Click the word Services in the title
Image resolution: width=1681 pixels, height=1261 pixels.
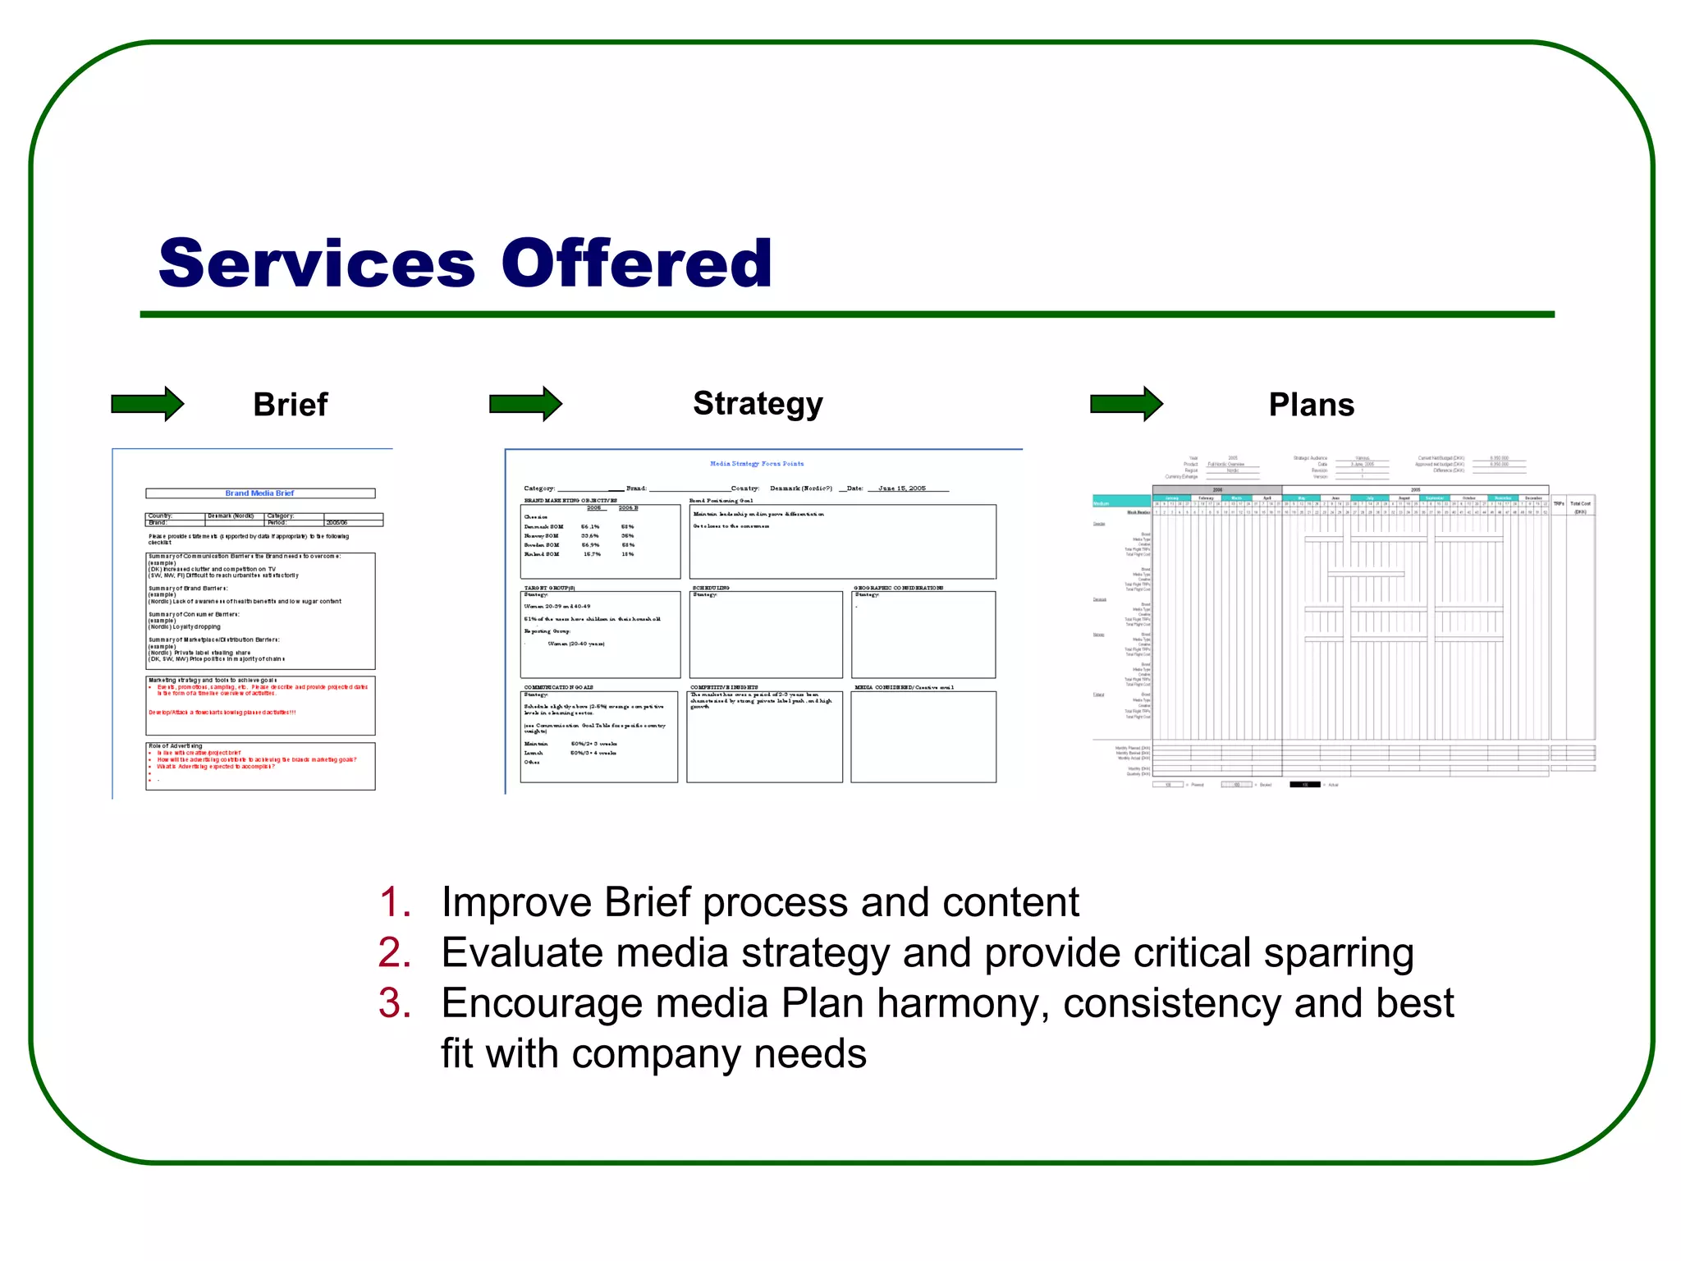click(x=317, y=264)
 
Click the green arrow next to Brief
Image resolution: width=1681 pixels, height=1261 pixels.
click(x=148, y=404)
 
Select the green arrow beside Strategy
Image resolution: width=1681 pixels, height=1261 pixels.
click(x=525, y=404)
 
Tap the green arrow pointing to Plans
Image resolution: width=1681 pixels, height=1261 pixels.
click(x=1126, y=404)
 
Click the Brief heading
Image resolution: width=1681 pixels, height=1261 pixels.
click(x=290, y=405)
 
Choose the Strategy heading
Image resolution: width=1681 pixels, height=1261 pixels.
click(x=757, y=404)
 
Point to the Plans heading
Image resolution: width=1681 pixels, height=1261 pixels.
click(x=1311, y=405)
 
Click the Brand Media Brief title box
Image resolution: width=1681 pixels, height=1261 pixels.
click(x=260, y=493)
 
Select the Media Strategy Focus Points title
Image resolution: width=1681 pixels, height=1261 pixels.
click(x=757, y=464)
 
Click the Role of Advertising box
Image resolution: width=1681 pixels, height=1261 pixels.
click(x=260, y=766)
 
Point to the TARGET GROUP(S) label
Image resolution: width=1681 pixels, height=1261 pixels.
click(x=550, y=588)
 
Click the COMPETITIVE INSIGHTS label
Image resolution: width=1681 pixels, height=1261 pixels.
click(x=724, y=687)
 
